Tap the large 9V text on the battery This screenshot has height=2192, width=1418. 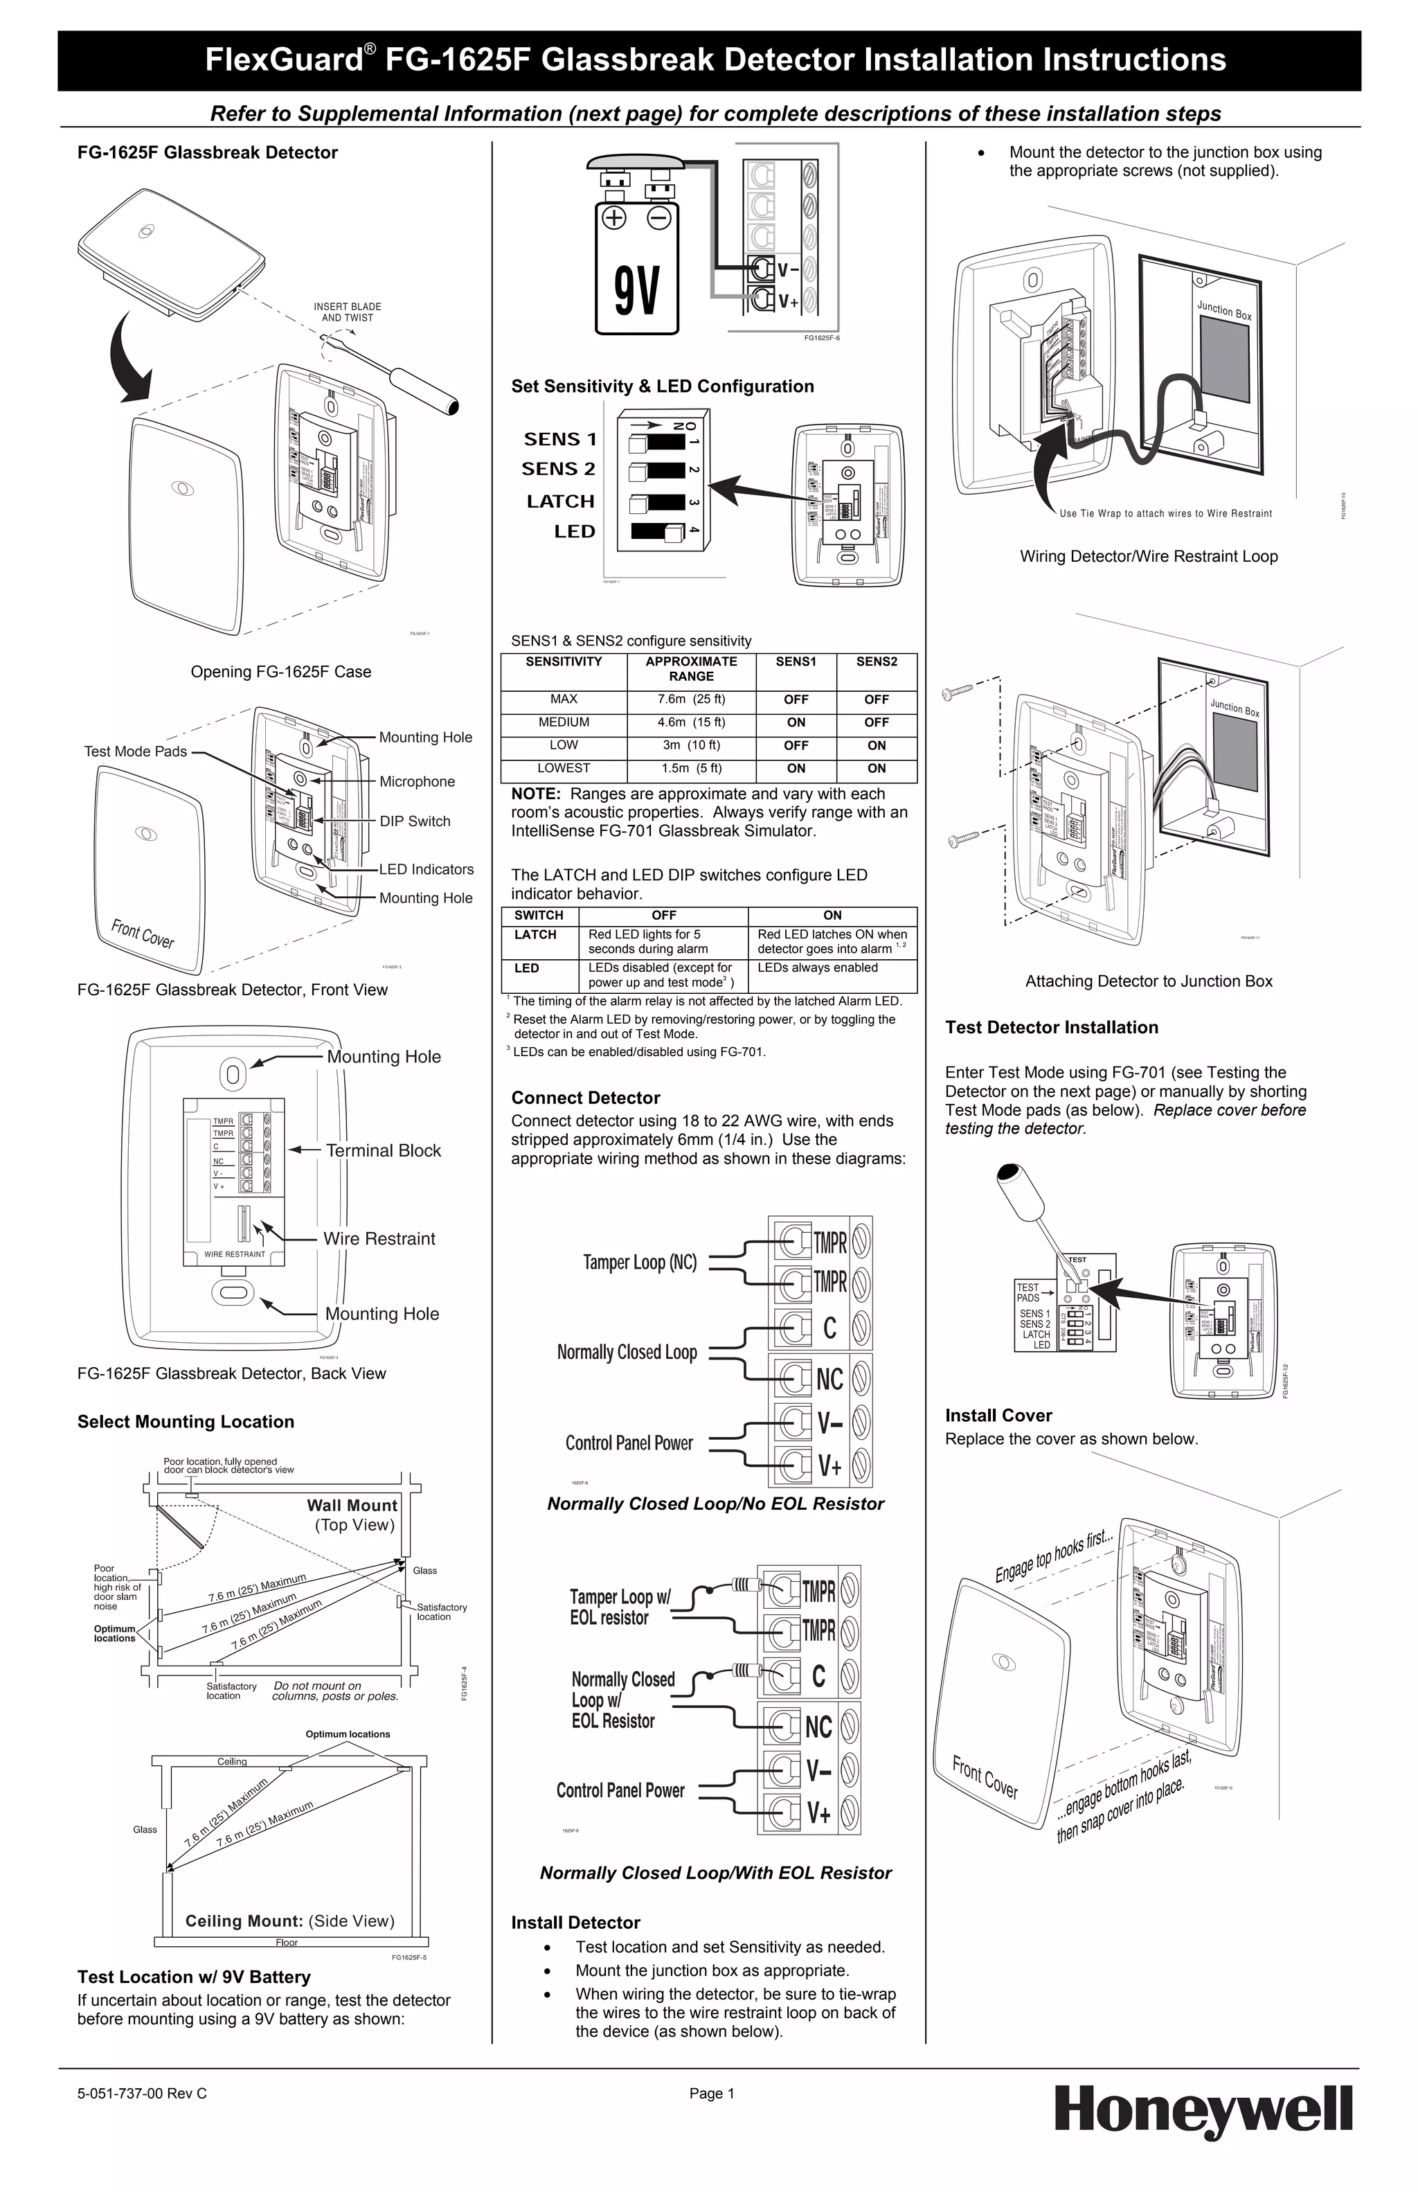[637, 290]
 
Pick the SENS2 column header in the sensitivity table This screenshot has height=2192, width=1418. [876, 661]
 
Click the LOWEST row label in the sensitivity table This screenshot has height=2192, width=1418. [564, 768]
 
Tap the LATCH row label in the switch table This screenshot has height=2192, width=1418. [535, 935]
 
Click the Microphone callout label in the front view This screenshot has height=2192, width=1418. [417, 781]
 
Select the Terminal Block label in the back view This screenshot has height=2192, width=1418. [383, 1150]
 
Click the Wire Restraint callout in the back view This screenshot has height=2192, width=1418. [379, 1239]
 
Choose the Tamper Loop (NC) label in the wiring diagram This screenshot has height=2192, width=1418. [639, 1262]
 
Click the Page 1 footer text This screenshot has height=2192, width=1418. [711, 2094]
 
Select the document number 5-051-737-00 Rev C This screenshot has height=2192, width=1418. [142, 2094]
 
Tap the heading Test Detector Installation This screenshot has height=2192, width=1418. [1052, 1027]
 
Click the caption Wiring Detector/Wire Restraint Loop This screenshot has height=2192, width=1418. [1148, 556]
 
